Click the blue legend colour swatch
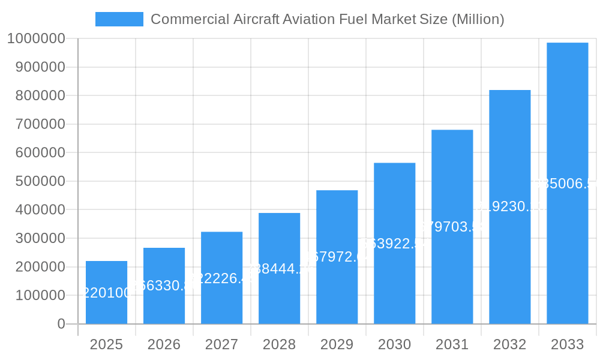[119, 19]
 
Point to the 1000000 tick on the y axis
[36, 39]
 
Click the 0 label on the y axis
[61, 324]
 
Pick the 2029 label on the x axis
[337, 344]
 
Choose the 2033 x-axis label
[567, 344]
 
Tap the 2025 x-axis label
[106, 344]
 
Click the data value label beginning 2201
[106, 293]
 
